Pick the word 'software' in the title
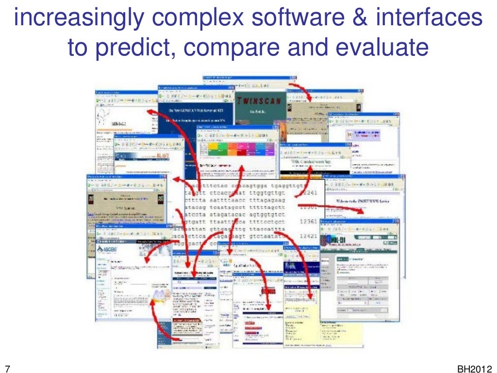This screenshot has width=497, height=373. coord(306,18)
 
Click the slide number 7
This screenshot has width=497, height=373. coord(7,368)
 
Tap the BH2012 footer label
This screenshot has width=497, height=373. coord(474,368)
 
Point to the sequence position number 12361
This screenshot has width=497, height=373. coord(308,221)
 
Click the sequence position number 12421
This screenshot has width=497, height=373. coord(308,237)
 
